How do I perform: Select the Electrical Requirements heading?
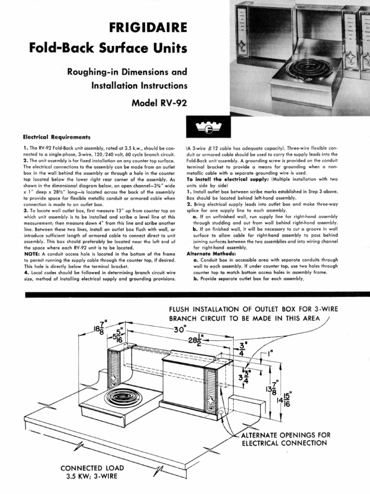point(57,137)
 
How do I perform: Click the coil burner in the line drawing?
point(120,397)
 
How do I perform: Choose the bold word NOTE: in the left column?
point(32,253)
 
